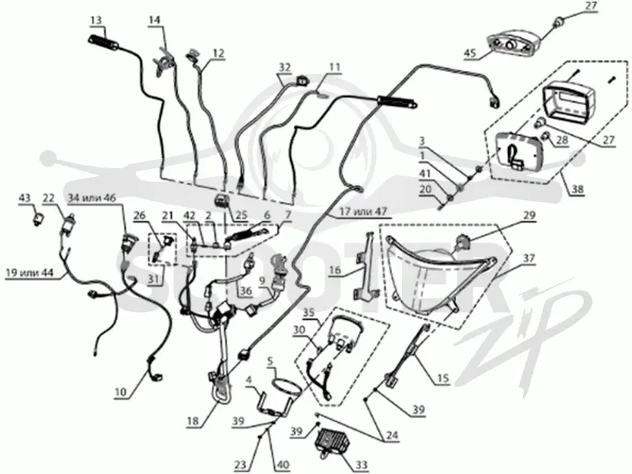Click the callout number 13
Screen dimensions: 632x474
pos(96,21)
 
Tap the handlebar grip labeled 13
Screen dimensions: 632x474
pos(103,43)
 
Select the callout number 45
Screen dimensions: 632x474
pos(470,53)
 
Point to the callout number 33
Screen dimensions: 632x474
pos(361,465)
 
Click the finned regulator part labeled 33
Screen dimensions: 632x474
pos(331,442)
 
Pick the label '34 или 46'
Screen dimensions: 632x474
pos(92,198)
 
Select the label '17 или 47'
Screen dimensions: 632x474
pos(363,210)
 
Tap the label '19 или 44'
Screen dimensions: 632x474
pos(29,273)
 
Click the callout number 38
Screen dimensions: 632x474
pos(577,189)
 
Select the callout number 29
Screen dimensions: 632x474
pos(529,215)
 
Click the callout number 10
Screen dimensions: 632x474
pos(121,391)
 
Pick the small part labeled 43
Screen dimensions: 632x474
pos(39,220)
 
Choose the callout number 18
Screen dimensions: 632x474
pos(193,421)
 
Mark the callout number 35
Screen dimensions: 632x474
pos(309,313)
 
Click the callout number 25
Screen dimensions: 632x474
pos(241,214)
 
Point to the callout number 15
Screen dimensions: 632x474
pos(443,378)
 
